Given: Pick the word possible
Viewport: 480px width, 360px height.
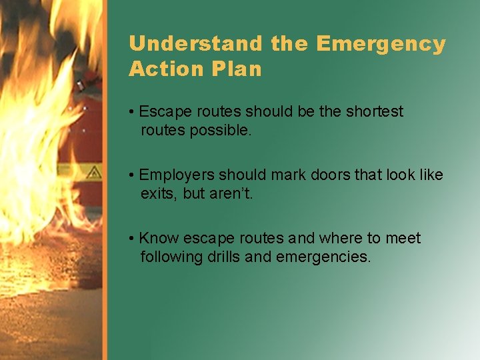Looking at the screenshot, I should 222,130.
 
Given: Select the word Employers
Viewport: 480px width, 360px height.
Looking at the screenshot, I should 177,175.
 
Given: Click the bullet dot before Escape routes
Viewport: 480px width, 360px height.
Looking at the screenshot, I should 133,111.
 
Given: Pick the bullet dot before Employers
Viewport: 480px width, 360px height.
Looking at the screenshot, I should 133,175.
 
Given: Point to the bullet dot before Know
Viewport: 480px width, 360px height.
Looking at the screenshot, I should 133,238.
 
